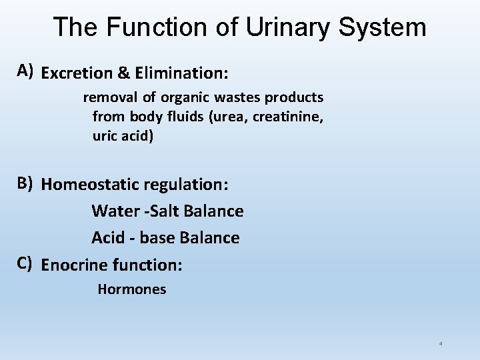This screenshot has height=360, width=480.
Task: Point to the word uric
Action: (105, 137)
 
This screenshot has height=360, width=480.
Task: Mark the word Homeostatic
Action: (93, 184)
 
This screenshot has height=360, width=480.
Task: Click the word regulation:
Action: (189, 184)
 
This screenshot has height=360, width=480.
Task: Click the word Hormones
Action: (132, 289)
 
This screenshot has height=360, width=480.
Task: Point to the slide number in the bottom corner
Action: (441, 344)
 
